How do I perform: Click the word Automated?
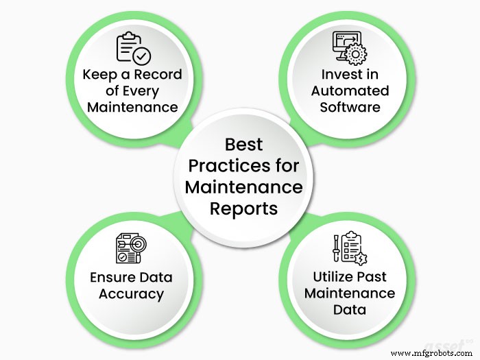coord(350,91)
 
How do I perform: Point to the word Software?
coord(350,107)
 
